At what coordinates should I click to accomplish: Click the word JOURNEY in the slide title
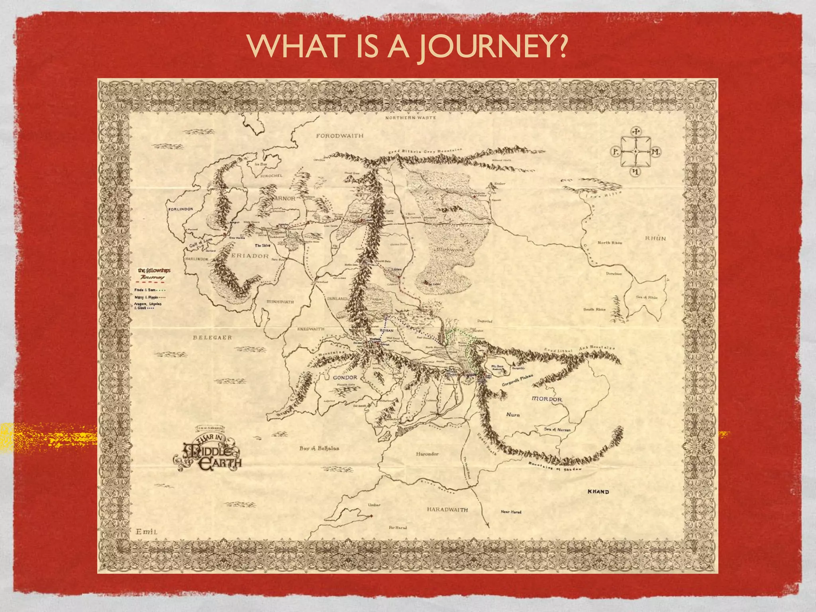(492, 47)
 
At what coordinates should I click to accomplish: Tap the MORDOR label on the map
(547, 399)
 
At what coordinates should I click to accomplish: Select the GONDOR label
(345, 377)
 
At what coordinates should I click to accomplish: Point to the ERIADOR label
(250, 256)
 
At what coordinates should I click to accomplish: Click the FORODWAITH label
(340, 136)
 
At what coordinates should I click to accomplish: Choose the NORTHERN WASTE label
(410, 118)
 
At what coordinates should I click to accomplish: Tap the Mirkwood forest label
(450, 249)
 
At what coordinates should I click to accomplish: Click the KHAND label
(598, 492)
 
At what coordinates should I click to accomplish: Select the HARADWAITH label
(447, 510)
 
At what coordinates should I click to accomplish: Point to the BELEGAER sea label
(212, 337)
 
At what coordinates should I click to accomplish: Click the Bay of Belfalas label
(319, 448)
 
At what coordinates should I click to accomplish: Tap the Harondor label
(427, 454)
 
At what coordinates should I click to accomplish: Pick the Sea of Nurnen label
(557, 430)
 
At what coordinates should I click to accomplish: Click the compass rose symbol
(636, 152)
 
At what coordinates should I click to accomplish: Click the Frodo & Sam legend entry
(149, 290)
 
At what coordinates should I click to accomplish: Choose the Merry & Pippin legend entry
(150, 297)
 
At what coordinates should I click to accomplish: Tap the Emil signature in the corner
(147, 532)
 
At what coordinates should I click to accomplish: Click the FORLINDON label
(180, 209)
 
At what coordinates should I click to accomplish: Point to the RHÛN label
(655, 238)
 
